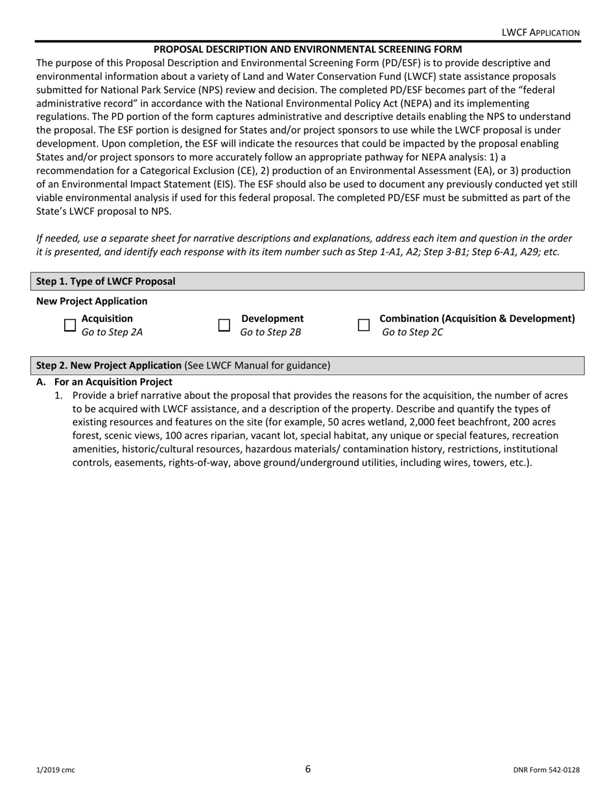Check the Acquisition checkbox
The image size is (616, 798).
pos(70,325)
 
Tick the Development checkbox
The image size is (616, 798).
pos(224,325)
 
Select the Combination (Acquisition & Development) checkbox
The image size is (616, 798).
pos(364,325)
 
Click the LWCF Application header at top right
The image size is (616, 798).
pos(541,32)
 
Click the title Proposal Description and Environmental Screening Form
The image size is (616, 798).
pos(307,49)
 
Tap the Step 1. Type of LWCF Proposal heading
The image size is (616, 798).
pos(105,282)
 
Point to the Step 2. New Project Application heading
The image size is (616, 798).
pos(109,366)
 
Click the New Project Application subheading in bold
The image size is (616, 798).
pos(91,301)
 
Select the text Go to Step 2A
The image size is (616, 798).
pos(112,333)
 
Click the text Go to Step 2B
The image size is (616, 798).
pos(270,333)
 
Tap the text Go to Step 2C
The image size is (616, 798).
pos(412,333)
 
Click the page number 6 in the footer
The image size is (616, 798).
pos(308,769)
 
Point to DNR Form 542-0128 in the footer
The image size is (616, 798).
pos(546,770)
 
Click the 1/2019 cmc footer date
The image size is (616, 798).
pos(55,770)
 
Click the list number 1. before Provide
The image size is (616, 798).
pos(58,395)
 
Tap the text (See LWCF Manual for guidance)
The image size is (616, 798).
pos(257,366)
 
